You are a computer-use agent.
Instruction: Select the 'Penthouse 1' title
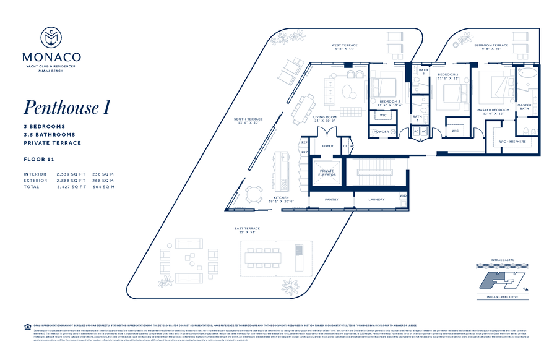(67, 107)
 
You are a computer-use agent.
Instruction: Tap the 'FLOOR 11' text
(38, 159)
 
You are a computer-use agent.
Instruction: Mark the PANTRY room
(332, 199)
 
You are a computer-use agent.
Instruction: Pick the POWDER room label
(381, 132)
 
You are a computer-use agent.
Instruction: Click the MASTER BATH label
(524, 107)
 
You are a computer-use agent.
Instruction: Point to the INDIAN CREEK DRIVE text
(503, 298)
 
